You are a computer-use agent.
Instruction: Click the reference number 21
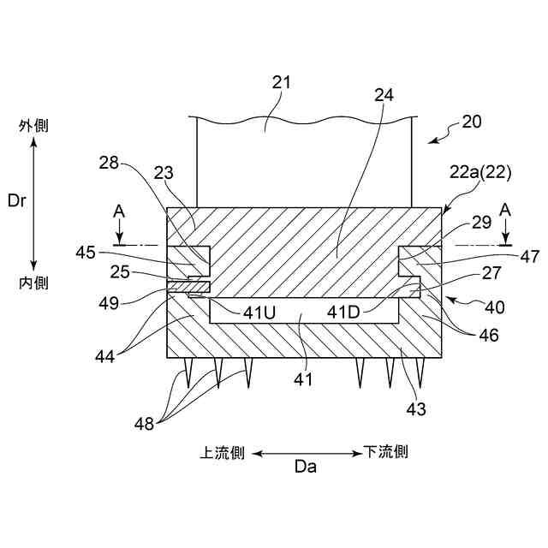coord(282,82)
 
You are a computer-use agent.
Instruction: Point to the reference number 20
coord(472,122)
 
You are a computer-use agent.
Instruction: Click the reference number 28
coord(108,163)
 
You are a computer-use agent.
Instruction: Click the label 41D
coord(348,313)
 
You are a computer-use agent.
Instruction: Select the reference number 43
coord(415,409)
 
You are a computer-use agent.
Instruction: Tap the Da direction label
coord(305,467)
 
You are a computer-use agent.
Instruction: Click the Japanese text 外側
coord(34,126)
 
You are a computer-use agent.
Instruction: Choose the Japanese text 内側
coord(34,282)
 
